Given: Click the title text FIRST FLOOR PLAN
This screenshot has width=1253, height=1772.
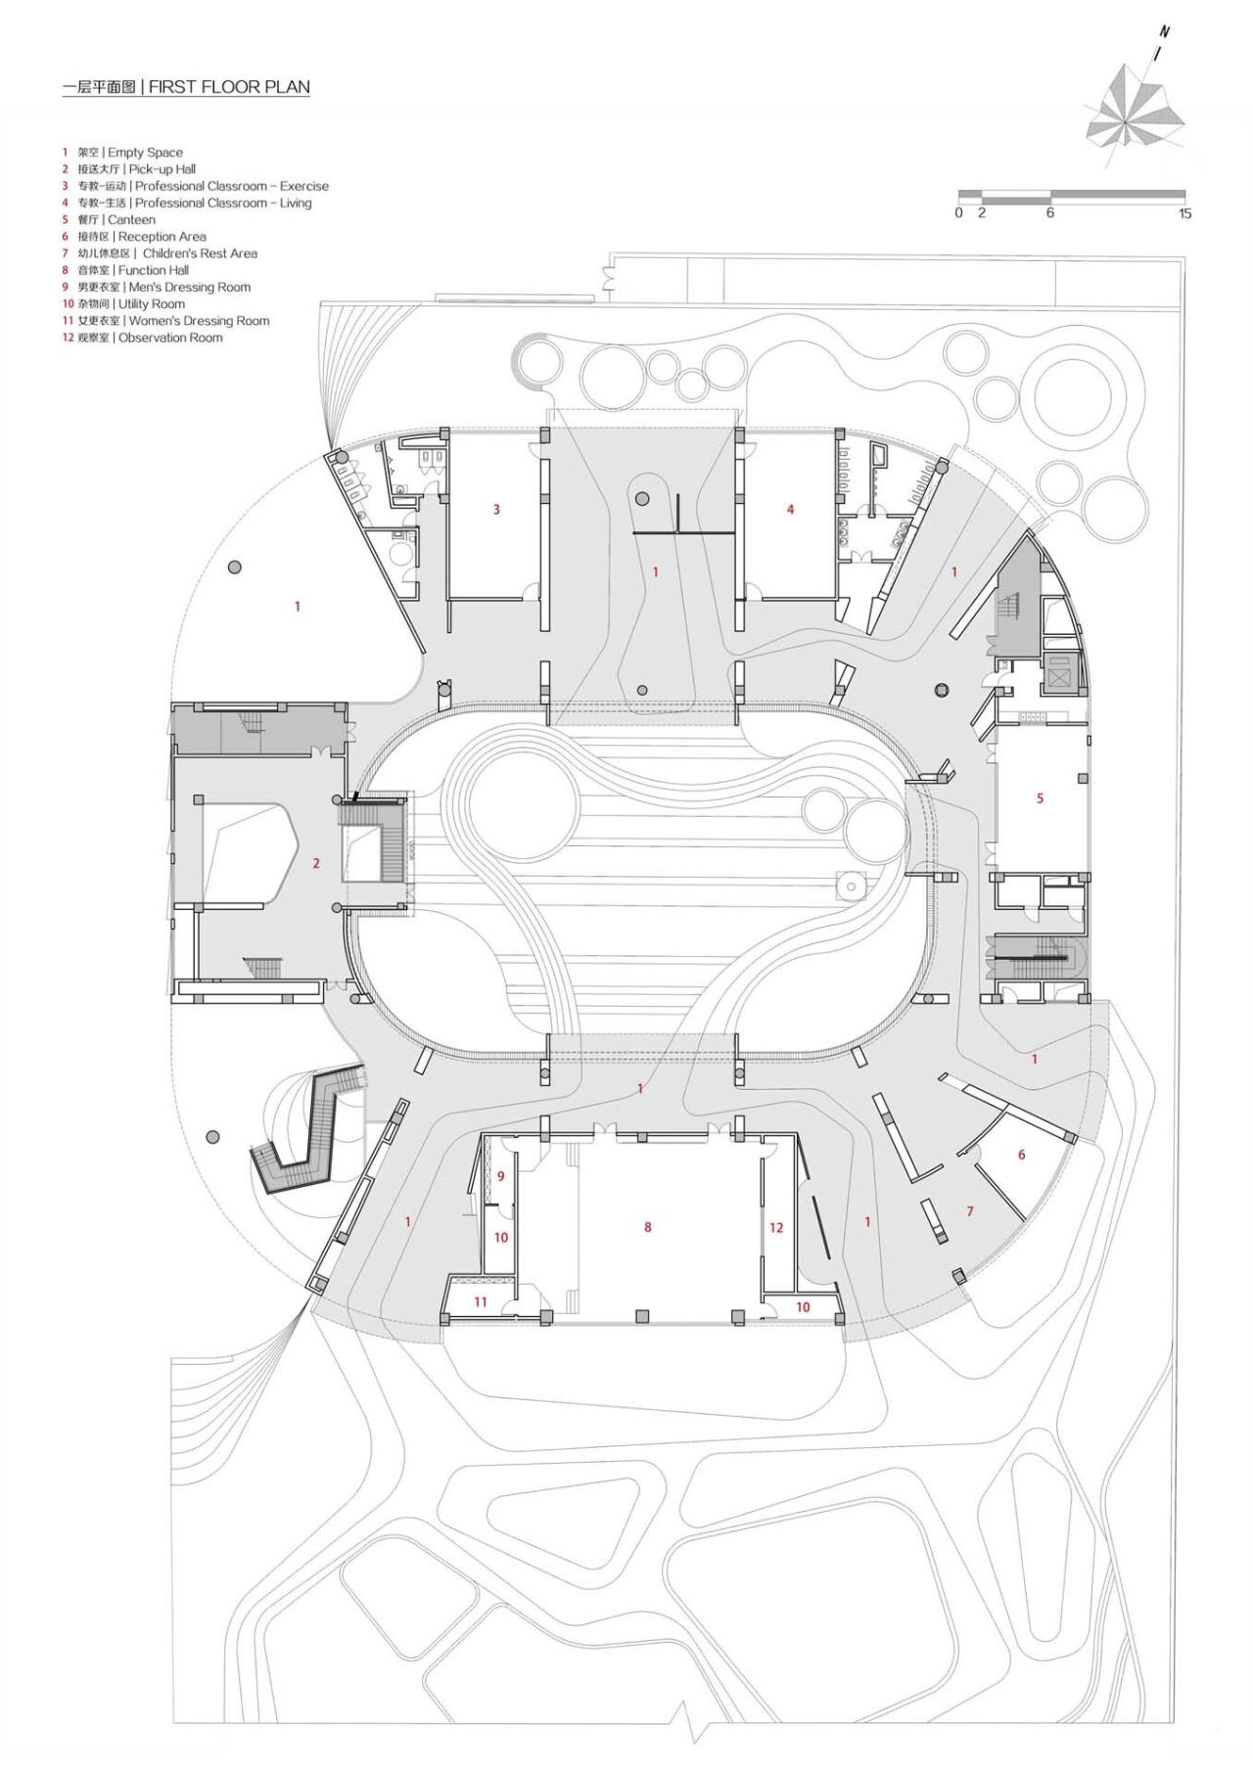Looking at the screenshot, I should pyautogui.click(x=229, y=87).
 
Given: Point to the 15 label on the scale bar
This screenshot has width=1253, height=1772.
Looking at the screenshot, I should pyautogui.click(x=1184, y=213).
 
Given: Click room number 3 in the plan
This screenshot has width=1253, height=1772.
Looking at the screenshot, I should pyautogui.click(x=496, y=509).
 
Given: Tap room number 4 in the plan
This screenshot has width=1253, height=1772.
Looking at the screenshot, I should pyautogui.click(x=790, y=509).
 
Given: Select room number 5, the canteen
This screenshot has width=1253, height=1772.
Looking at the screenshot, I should pyautogui.click(x=1040, y=798).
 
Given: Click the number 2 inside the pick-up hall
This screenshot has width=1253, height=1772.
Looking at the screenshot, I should pyautogui.click(x=316, y=863).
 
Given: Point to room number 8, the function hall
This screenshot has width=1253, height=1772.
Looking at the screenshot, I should pyautogui.click(x=647, y=1227).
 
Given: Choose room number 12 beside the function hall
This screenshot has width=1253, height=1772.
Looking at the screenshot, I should pyautogui.click(x=776, y=1227).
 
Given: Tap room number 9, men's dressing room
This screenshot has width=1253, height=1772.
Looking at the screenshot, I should pyautogui.click(x=500, y=1176).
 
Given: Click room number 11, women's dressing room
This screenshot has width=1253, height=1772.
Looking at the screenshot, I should pyautogui.click(x=481, y=1302).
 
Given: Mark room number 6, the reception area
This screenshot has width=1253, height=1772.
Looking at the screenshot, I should pyautogui.click(x=1021, y=1155).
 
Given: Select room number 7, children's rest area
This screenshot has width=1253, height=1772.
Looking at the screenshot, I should pyautogui.click(x=970, y=1211).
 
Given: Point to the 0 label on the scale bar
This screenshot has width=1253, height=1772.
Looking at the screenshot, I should pyautogui.click(x=959, y=213).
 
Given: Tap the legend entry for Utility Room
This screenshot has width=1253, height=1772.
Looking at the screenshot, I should pyautogui.click(x=132, y=304).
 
